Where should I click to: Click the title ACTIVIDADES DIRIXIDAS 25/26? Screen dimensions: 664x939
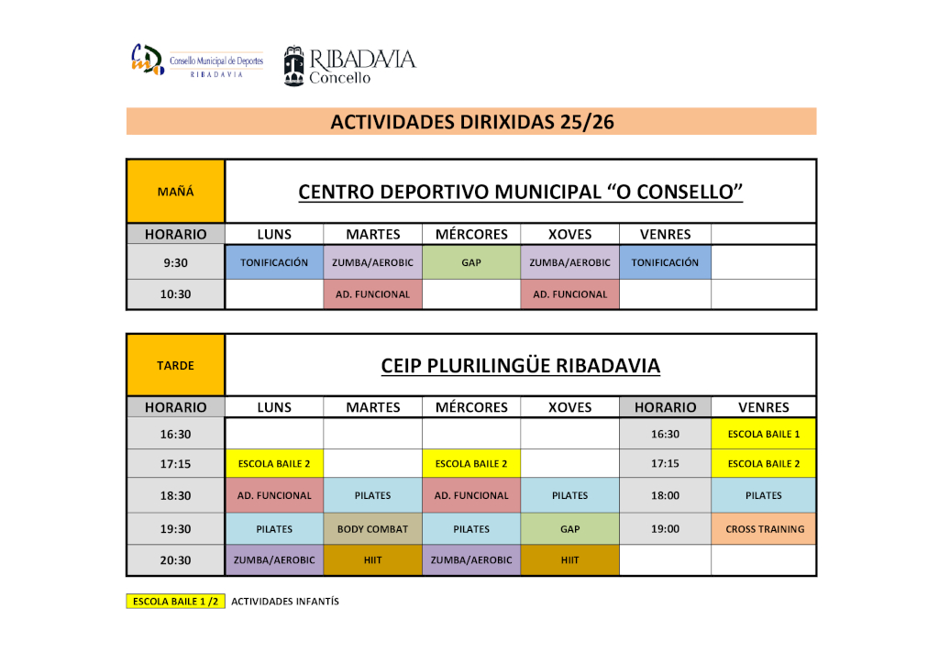click(471, 121)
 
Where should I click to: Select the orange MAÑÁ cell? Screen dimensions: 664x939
click(175, 192)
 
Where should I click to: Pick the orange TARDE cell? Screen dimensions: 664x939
click(175, 365)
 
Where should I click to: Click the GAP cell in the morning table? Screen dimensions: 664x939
click(471, 262)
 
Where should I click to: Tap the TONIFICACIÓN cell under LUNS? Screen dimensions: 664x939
click(274, 262)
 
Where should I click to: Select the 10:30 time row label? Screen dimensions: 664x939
click(175, 294)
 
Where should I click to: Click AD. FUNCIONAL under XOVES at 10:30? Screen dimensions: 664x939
click(569, 294)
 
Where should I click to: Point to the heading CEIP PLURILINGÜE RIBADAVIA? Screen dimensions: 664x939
click(520, 366)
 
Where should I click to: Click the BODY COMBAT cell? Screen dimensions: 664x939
click(372, 529)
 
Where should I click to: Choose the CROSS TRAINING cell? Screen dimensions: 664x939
click(764, 529)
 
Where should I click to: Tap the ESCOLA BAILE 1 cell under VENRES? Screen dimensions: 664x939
click(764, 434)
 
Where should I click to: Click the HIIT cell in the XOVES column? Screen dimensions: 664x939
click(569, 560)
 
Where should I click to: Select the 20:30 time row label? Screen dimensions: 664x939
click(175, 560)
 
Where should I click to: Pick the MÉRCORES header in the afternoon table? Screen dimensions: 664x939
click(471, 407)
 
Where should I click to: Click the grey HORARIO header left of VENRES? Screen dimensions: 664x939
click(665, 407)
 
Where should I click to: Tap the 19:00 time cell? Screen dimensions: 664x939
click(665, 529)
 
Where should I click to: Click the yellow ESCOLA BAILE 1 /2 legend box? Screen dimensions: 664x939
click(175, 602)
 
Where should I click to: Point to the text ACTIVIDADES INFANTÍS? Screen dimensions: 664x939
click(285, 602)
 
